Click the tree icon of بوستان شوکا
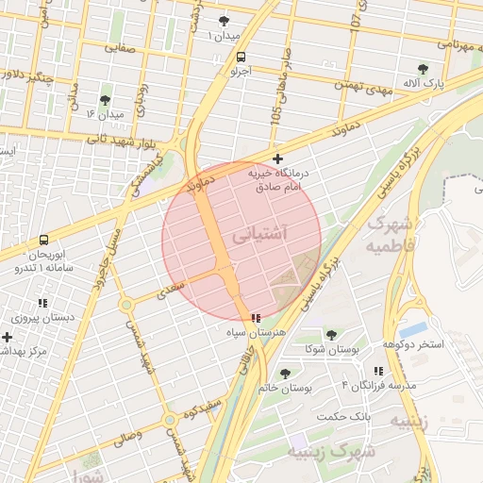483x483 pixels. pyautogui.click(x=331, y=335)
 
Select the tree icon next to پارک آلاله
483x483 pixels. pyautogui.click(x=423, y=69)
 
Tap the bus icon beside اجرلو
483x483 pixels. pyautogui.click(x=242, y=57)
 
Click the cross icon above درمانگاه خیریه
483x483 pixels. pyautogui.click(x=276, y=158)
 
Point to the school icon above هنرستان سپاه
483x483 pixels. pyautogui.click(x=256, y=319)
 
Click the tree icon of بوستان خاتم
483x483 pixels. pyautogui.click(x=286, y=374)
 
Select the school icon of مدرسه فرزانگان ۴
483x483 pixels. pyautogui.click(x=378, y=372)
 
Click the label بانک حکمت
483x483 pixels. pyautogui.click(x=394, y=414)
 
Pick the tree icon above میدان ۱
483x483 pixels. pyautogui.click(x=224, y=20)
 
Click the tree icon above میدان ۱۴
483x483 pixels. pyautogui.click(x=104, y=99)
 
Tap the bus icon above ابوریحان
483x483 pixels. pyautogui.click(x=43, y=240)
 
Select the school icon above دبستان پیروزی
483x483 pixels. pyautogui.click(x=42, y=303)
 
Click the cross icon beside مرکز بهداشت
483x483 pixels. pyautogui.click(x=8, y=337)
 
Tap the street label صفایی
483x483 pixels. pyautogui.click(x=120, y=46)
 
